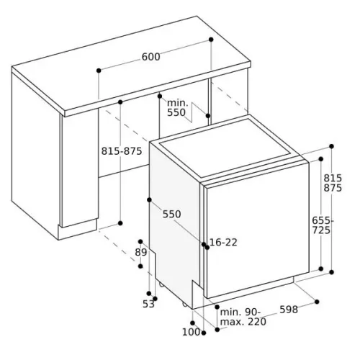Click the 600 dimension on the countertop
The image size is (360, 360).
pos(150,57)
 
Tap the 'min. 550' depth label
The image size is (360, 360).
pos(177,108)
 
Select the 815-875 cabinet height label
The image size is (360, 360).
pos(122,151)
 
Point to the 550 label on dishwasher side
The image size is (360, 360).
pos(171,214)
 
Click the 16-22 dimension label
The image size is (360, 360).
pos(223,243)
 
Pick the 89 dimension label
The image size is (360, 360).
pos(140,253)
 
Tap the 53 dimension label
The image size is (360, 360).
pos(148,304)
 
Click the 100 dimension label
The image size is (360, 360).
pos(191,332)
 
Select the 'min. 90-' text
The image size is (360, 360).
pos(240,312)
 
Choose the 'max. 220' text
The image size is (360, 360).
pos(243,322)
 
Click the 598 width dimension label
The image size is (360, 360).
pos(289,310)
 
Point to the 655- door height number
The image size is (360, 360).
pos(323,220)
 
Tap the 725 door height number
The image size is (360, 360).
pos(321,230)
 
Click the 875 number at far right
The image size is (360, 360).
pos(333,188)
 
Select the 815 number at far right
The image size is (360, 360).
pos(333,178)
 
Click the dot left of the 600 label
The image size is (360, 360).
pos(99,71)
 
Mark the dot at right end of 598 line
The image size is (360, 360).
pos(317,302)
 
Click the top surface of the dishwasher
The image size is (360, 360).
pos(225,148)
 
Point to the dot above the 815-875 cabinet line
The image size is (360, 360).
pos(120,102)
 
